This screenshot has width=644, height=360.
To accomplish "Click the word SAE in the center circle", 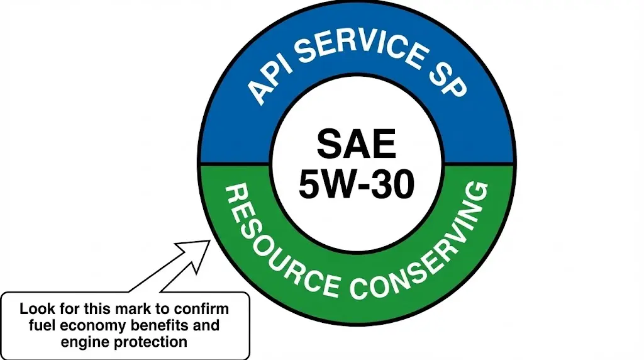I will coord(356,144).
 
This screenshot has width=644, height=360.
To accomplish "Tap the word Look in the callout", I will coord(35,310).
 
